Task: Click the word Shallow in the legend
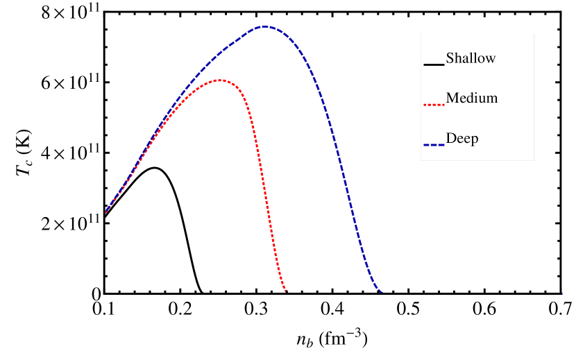coord(471,58)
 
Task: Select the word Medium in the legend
coord(472,98)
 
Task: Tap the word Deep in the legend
coord(462,139)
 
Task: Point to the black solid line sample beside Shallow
coord(434,65)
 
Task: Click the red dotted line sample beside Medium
coord(434,105)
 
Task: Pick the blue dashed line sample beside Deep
coord(434,145)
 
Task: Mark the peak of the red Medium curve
coord(219,80)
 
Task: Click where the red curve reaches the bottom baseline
coord(287,293)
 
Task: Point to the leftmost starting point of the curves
coord(105,212)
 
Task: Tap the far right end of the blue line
coord(561,293)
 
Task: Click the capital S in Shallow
coord(450,58)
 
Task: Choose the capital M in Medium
coord(452,98)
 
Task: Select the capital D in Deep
coord(451,139)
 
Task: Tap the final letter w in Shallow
coord(491,59)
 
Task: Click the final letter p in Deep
coord(475,140)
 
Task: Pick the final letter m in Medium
coord(493,99)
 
